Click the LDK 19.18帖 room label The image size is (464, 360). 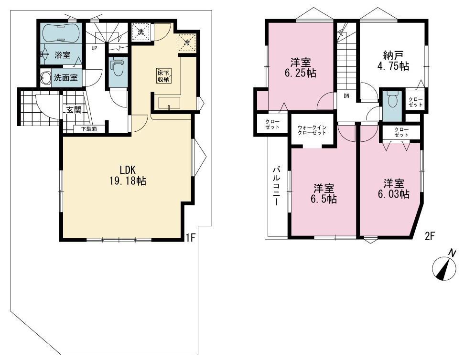click(x=128, y=175)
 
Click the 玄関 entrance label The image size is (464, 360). click(x=74, y=110)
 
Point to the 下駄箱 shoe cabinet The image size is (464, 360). click(x=89, y=129)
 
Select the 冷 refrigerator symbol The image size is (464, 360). click(x=187, y=42)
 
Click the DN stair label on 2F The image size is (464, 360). click(x=346, y=96)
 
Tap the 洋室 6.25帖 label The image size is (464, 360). click(x=301, y=67)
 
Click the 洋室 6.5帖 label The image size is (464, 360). click(x=324, y=193)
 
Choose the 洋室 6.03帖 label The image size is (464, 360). click(x=393, y=189)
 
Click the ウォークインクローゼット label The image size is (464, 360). click(x=312, y=130)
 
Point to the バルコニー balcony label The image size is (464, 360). click(x=277, y=186)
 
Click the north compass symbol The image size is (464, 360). click(x=444, y=266)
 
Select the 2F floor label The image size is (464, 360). click(x=430, y=236)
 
